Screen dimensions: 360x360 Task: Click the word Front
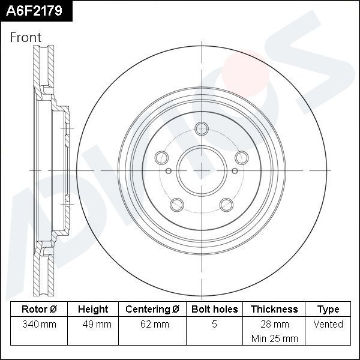26,37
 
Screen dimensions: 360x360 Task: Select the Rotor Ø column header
39,310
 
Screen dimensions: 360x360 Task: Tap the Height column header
93,310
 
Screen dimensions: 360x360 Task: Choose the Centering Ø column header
152,310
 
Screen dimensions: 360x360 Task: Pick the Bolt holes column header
214,310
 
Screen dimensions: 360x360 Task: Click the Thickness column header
274,310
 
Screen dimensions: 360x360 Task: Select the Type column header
328,310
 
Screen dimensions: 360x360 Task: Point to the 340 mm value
39,325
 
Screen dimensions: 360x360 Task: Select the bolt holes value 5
214,325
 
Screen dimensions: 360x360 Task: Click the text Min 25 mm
274,338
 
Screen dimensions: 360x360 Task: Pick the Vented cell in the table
328,325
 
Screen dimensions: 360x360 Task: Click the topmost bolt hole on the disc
202,128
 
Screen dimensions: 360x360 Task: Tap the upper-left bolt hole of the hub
161,158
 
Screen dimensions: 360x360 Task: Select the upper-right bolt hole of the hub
242,158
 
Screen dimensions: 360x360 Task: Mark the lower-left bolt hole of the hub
176,205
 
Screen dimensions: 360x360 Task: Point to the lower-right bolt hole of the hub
226,205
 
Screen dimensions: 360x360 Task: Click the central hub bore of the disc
202,170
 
